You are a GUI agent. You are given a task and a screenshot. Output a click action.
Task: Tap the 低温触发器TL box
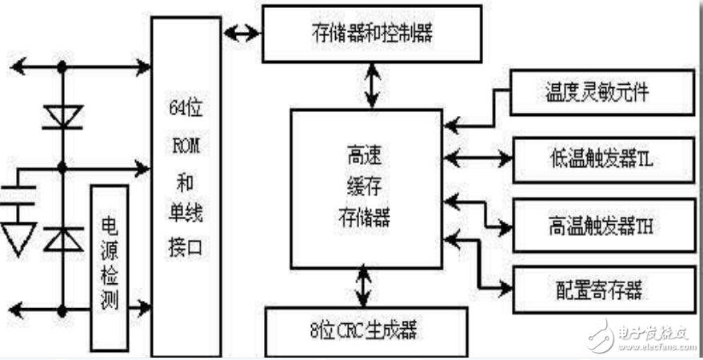pos(591,154)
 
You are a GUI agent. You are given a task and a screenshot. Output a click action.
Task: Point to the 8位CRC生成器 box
pos(365,329)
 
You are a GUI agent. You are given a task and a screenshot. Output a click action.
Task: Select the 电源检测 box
pos(109,268)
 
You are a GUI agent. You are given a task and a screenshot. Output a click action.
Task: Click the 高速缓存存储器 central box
pos(365,189)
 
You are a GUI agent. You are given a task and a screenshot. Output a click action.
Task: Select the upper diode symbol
pos(63,118)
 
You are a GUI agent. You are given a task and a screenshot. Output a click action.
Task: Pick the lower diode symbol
pos(63,238)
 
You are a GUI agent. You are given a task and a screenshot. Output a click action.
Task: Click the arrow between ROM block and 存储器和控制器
pos(242,34)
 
